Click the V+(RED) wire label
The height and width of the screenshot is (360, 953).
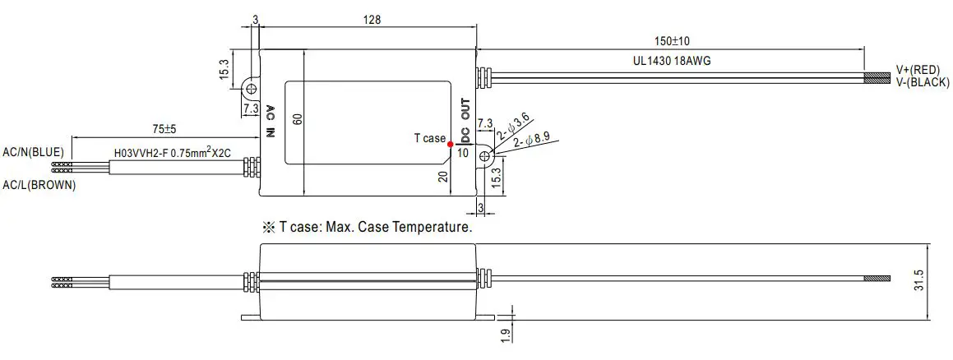923,70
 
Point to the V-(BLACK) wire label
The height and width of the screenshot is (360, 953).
923,82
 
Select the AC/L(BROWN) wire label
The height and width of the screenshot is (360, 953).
39,186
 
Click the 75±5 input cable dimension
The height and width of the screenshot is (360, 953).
165,129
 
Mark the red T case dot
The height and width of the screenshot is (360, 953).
449,143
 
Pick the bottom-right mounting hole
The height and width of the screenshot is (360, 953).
485,155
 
